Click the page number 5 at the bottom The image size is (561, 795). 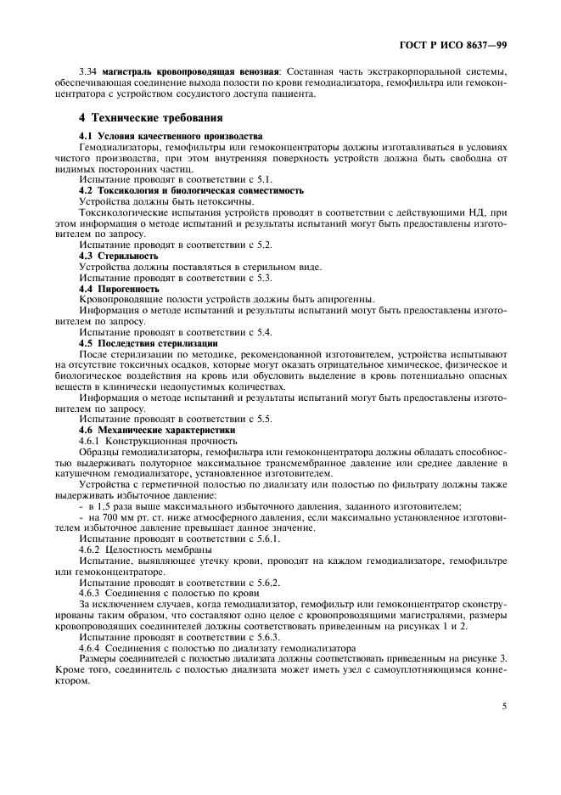(x=504, y=702)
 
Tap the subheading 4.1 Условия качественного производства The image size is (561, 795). (x=171, y=136)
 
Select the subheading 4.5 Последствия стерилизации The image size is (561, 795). (x=149, y=343)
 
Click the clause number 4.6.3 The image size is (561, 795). (x=90, y=594)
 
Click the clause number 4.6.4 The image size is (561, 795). (x=90, y=648)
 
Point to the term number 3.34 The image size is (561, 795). (x=90, y=71)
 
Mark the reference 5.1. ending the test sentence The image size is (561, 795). (x=261, y=180)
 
